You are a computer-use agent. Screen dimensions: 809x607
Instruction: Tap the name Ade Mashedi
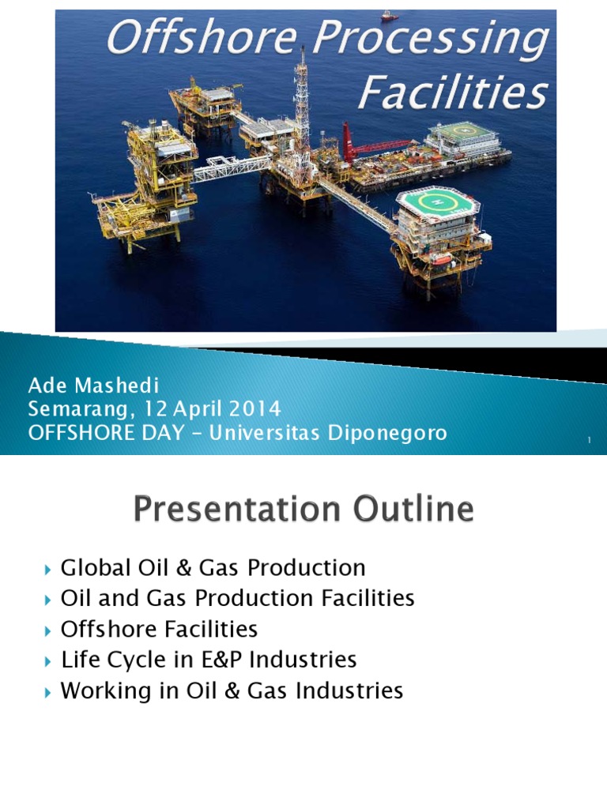(93, 386)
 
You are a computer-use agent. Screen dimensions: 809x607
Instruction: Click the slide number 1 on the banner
(590, 440)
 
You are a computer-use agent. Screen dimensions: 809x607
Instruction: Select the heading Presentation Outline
(303, 509)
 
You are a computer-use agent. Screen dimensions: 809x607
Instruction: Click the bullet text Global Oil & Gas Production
(213, 567)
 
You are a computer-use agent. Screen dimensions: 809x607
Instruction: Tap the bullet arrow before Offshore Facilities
(49, 630)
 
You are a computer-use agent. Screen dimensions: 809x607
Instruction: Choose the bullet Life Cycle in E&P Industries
(209, 660)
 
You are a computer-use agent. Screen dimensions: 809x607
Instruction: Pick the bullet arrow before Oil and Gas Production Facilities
(49, 600)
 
